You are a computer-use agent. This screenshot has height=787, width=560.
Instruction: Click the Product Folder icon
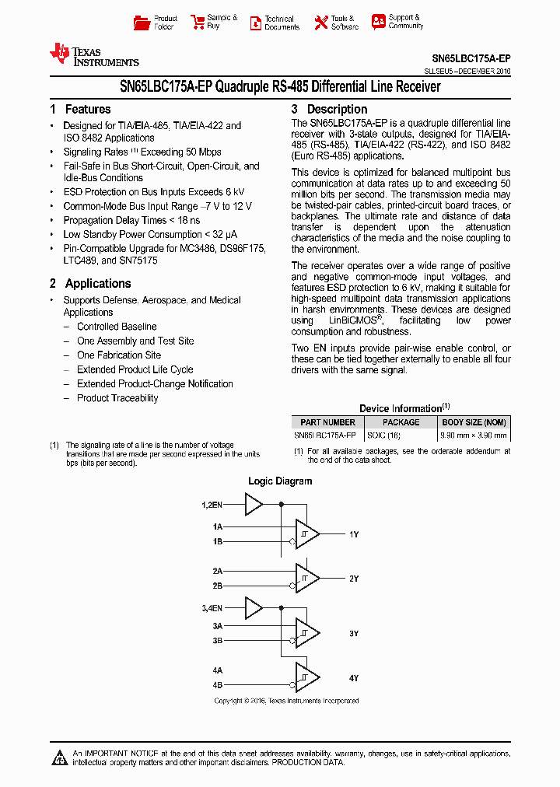(142, 23)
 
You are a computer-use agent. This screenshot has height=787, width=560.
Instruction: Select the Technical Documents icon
(255, 23)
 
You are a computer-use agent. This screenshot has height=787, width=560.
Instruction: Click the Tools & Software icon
(320, 23)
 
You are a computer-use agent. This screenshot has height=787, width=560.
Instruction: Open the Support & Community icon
(378, 22)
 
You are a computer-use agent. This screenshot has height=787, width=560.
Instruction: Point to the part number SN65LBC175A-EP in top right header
(471, 58)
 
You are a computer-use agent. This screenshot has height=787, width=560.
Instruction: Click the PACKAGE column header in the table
(401, 422)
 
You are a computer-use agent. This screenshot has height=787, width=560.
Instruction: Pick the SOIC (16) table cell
(383, 435)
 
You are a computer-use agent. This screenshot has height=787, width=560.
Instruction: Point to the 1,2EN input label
(212, 505)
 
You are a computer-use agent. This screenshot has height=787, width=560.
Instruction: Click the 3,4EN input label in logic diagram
(212, 607)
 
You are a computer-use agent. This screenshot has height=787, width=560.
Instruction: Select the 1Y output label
(354, 534)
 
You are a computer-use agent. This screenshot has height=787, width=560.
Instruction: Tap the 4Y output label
(354, 678)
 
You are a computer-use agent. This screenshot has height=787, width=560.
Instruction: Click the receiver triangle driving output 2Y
(307, 579)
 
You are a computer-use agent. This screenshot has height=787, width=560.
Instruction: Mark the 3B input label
(218, 641)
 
